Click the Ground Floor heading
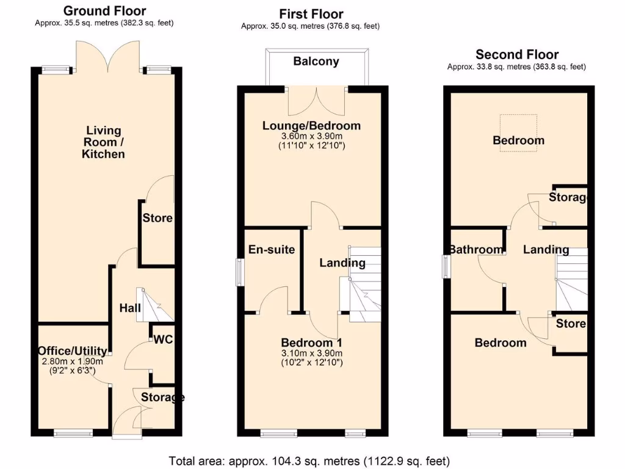coord(104,10)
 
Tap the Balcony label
coord(316,61)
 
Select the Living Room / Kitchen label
coord(104,142)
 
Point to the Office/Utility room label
coord(73,351)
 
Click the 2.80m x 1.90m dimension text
coord(73,361)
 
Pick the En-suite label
coord(272,249)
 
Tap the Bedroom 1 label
coord(311,342)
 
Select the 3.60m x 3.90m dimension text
coord(311,136)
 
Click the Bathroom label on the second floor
coord(477,249)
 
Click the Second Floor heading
coord(517,54)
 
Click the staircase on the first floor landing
coord(364,284)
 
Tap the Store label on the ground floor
coord(157,218)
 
